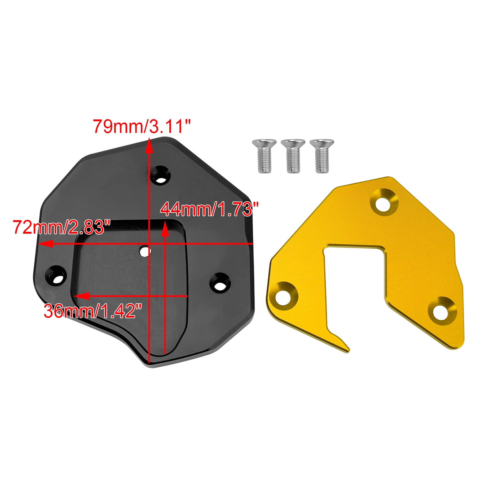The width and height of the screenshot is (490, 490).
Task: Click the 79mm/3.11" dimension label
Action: point(142,126)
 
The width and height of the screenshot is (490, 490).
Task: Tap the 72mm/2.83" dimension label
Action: point(61,227)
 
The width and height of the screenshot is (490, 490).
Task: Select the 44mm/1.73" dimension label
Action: point(209,209)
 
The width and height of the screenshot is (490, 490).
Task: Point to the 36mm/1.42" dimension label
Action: point(93,311)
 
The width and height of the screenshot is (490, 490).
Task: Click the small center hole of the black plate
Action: point(145,251)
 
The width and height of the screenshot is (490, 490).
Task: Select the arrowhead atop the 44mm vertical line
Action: point(165,229)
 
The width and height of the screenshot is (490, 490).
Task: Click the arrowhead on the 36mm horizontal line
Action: point(82,296)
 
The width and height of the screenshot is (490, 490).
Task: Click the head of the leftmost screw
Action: point(264,143)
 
